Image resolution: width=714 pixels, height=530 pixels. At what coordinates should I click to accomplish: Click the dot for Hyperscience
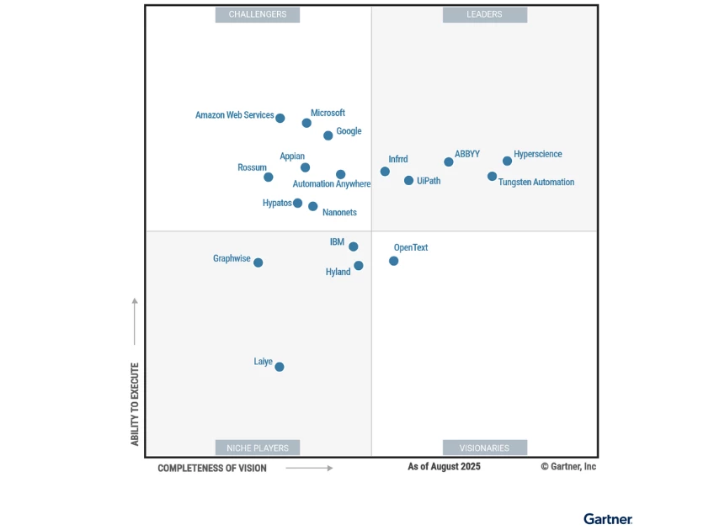click(507, 161)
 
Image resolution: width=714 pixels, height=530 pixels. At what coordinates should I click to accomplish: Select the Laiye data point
click(280, 367)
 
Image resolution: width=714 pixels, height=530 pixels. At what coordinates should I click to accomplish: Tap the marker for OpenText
click(393, 261)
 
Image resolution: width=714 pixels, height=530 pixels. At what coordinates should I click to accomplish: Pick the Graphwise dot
click(258, 262)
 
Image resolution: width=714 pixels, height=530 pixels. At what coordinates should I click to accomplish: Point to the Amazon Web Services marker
click(280, 119)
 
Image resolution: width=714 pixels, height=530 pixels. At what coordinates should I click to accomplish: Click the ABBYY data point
click(449, 162)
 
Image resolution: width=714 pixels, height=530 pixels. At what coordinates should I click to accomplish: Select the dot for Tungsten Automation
click(493, 177)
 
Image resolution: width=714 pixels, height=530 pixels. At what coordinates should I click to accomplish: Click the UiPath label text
click(429, 181)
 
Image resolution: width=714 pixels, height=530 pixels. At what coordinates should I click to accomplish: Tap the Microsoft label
click(328, 113)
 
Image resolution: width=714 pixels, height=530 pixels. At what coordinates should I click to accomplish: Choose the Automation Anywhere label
click(331, 184)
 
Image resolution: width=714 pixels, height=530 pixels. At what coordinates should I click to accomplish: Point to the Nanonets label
click(339, 213)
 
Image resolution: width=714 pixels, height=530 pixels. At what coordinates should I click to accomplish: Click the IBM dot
click(354, 246)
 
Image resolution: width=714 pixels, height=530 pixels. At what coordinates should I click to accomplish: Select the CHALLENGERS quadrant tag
click(258, 14)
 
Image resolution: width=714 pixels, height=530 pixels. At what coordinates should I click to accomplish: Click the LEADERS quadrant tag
click(484, 14)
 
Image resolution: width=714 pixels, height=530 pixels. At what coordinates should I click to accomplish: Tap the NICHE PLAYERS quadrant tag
click(258, 448)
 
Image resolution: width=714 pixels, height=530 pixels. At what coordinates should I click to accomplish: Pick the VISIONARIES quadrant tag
click(484, 448)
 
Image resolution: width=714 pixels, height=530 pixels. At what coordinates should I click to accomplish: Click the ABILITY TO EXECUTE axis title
click(135, 404)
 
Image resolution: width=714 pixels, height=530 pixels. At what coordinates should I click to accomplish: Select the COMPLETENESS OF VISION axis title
click(212, 468)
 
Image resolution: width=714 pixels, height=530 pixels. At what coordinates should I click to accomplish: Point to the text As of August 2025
click(444, 466)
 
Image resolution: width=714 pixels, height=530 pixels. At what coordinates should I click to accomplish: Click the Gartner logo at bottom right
click(607, 518)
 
